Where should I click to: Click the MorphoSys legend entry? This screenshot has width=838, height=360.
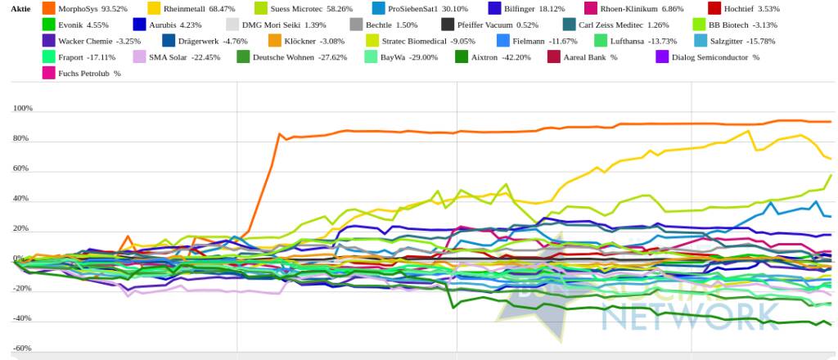tap(86, 8)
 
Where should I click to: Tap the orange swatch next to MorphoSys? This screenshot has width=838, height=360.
tap(48, 8)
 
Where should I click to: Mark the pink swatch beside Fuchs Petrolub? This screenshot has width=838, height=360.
tap(48, 73)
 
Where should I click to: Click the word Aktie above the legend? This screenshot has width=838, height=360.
tap(20, 8)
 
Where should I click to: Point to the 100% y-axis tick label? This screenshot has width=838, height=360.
tap(22, 109)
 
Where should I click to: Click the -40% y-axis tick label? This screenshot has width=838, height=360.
tap(22, 318)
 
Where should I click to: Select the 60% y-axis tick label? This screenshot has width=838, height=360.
tap(22, 169)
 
